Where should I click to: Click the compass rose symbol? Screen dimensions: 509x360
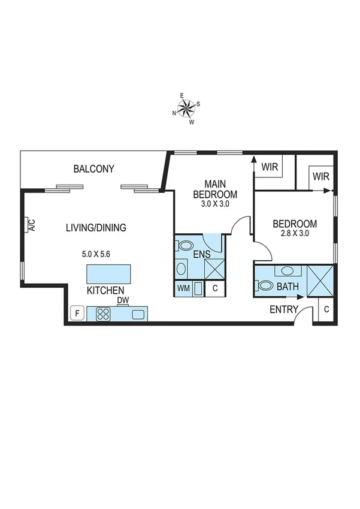click(187, 108)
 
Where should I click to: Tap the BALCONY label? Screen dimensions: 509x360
click(93, 169)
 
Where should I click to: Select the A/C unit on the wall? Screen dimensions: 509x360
click(30, 225)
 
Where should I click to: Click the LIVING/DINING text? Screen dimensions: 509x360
click(96, 227)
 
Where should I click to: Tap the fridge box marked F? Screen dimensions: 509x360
click(77, 313)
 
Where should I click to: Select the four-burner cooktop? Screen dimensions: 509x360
click(102, 314)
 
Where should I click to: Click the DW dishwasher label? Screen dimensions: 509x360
click(122, 300)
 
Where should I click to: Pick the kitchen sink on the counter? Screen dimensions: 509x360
click(139, 314)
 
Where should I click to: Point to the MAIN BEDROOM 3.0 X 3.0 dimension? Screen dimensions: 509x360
click(214, 204)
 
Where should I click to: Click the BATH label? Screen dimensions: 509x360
click(288, 287)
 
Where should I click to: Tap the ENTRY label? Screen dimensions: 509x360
click(284, 309)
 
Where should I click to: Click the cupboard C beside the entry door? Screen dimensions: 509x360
click(326, 309)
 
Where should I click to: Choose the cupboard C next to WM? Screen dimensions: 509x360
click(214, 288)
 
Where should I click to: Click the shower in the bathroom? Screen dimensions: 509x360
click(319, 279)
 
